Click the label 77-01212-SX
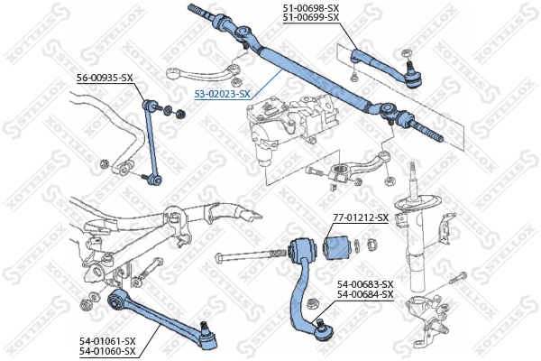pos(361,218)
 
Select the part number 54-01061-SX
pos(105,340)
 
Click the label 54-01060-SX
pos(105,351)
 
